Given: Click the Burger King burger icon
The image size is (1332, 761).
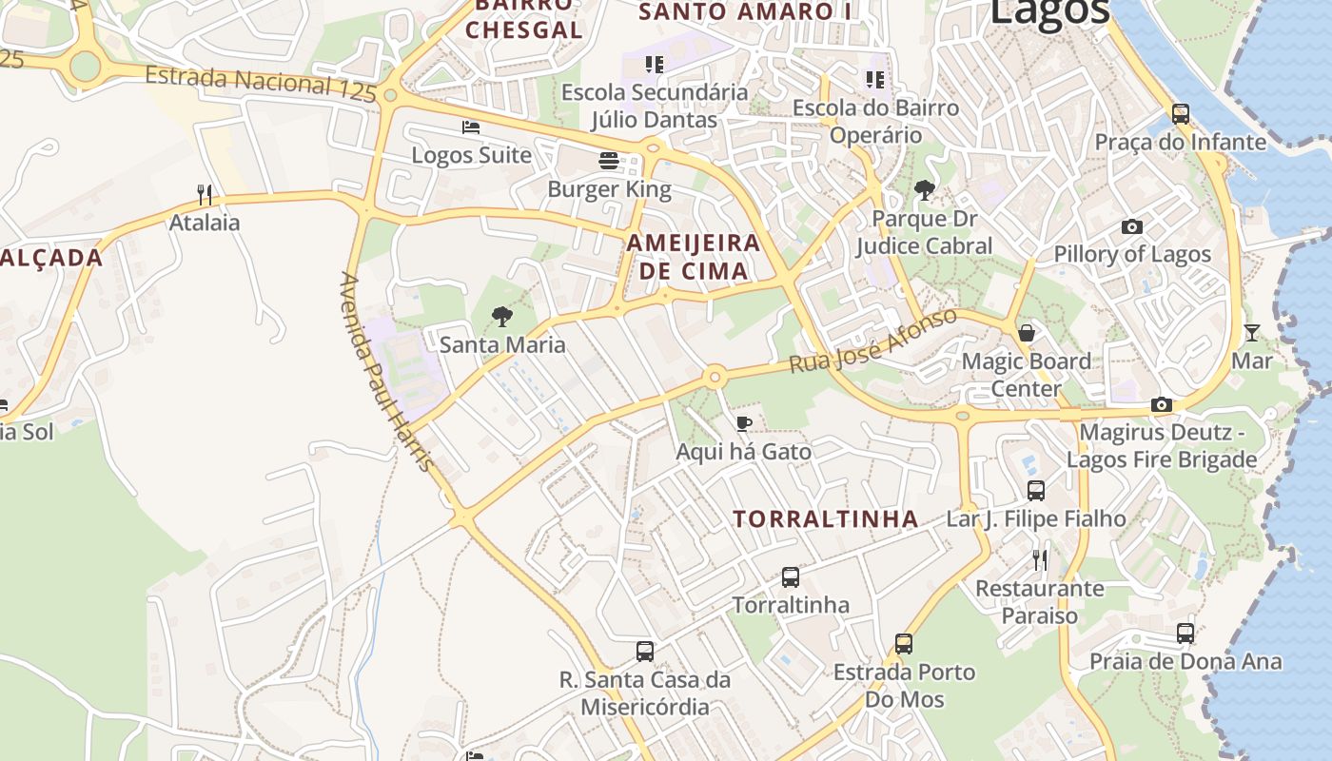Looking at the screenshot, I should (609, 161).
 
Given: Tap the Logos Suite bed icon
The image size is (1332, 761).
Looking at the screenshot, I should (471, 127).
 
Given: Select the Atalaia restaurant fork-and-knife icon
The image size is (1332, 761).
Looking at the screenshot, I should (205, 195).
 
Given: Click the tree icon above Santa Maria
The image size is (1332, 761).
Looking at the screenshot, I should (502, 317).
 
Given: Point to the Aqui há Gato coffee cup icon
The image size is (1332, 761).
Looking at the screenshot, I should (744, 423).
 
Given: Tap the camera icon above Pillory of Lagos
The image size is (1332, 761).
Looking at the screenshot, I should (1131, 226).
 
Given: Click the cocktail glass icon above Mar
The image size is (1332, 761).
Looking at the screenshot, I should (1252, 333).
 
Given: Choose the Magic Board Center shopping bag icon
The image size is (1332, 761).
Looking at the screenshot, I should (1027, 333).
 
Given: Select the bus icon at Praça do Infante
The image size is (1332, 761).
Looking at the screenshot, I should (1181, 114).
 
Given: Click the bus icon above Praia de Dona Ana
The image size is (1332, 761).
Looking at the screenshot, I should (1185, 633).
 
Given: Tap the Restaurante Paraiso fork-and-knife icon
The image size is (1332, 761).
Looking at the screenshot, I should (1040, 559).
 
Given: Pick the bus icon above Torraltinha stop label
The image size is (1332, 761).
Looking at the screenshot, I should (791, 576).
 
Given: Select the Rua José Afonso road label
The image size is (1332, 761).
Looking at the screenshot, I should (873, 340).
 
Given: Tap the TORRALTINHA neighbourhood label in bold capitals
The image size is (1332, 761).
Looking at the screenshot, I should (826, 519).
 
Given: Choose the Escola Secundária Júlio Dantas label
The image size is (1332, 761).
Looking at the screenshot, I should (655, 106).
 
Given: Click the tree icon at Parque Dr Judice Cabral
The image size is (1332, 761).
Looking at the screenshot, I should (924, 190).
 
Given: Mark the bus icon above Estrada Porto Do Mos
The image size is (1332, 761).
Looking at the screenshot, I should (904, 644).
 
